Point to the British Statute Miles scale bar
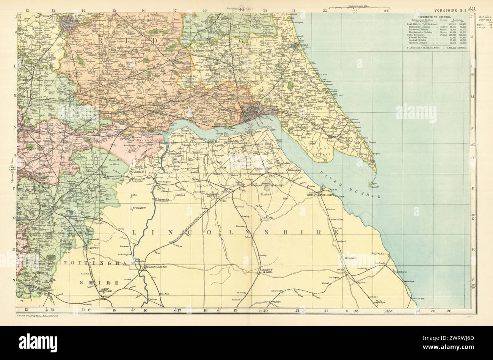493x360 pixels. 358,7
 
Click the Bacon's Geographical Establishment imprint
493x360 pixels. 38,316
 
